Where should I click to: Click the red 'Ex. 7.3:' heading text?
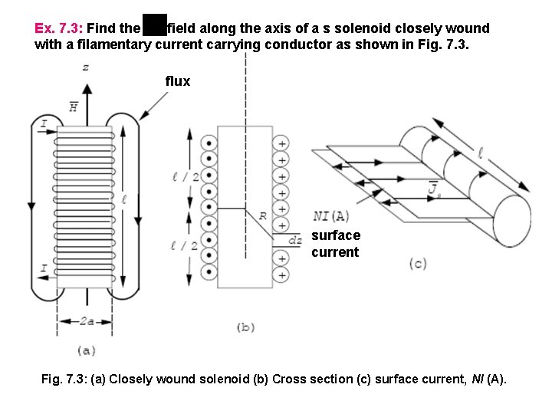[x=58, y=28]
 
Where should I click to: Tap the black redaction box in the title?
[x=155, y=25]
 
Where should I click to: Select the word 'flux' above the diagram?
[x=177, y=81]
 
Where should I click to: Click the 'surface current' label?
[x=335, y=244]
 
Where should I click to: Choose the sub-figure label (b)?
[x=245, y=327]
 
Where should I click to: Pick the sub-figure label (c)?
[x=417, y=264]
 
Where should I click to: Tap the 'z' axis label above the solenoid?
[x=85, y=67]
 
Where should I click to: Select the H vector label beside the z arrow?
[x=74, y=107]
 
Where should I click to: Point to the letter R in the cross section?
[x=262, y=216]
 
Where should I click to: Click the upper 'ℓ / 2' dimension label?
[x=186, y=177]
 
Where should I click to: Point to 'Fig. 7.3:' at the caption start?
[x=64, y=379]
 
